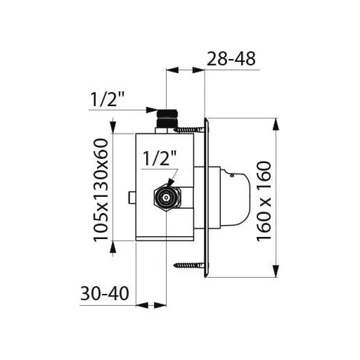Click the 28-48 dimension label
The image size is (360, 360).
(x=231, y=59)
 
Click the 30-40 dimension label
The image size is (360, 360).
(x=105, y=293)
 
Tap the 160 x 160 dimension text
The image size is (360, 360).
(x=264, y=201)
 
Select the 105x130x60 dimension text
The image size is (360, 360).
(x=101, y=190)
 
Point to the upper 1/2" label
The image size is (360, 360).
(x=107, y=100)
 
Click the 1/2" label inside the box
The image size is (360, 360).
(x=160, y=158)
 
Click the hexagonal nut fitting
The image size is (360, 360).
(x=167, y=198)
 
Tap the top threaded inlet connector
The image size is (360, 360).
(x=167, y=118)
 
